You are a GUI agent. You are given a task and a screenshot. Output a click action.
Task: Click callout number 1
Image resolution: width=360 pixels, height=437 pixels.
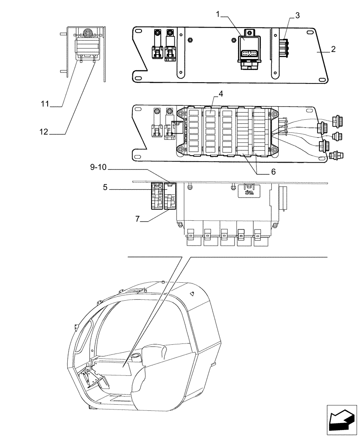click(x=218, y=14)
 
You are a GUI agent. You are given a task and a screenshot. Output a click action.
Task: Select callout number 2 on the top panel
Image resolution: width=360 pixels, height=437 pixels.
click(x=333, y=49)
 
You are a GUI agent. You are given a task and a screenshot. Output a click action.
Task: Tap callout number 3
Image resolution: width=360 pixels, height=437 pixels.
click(x=297, y=15)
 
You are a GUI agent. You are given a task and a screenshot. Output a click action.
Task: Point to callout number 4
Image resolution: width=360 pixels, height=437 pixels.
click(x=221, y=94)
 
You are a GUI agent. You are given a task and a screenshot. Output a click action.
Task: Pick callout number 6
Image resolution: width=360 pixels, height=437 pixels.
click(x=273, y=172)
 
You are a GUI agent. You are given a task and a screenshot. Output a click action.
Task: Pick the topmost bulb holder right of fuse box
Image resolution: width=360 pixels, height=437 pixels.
click(x=337, y=120)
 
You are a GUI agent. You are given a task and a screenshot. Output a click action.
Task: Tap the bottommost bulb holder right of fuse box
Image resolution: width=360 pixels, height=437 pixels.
click(x=336, y=155)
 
